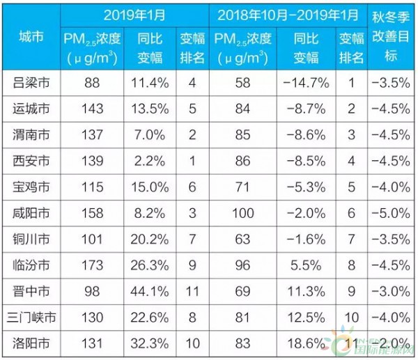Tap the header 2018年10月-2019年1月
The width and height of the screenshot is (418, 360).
[x=290, y=15]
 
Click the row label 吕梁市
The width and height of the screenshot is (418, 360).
[x=33, y=83]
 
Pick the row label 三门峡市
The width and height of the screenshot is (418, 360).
[x=33, y=318]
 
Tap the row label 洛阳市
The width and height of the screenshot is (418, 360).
[x=33, y=343]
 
